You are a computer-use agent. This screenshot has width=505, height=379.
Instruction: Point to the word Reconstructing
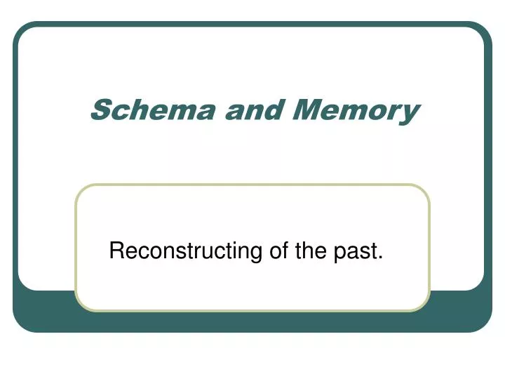[x=186, y=251]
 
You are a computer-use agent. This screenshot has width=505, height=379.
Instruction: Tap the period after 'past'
[x=381, y=258]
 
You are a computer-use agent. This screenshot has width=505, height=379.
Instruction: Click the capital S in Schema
[x=103, y=110]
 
